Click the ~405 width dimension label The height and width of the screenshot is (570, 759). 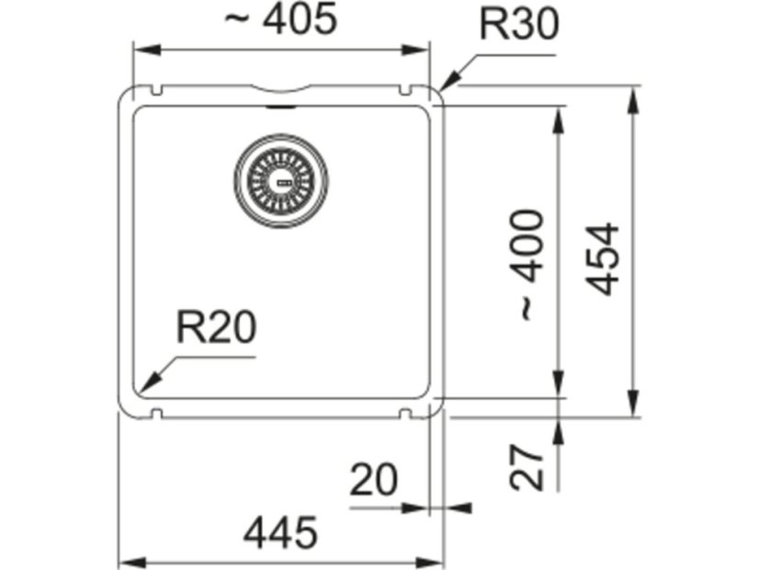281,20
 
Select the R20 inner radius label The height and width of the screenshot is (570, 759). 216,327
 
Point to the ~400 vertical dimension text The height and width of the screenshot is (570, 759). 529,266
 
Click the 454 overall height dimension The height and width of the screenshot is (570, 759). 604,258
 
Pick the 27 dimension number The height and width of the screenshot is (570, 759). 527,467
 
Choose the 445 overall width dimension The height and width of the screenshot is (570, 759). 281,532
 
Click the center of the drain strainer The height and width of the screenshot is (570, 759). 281,180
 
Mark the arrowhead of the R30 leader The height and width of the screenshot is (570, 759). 447,84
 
